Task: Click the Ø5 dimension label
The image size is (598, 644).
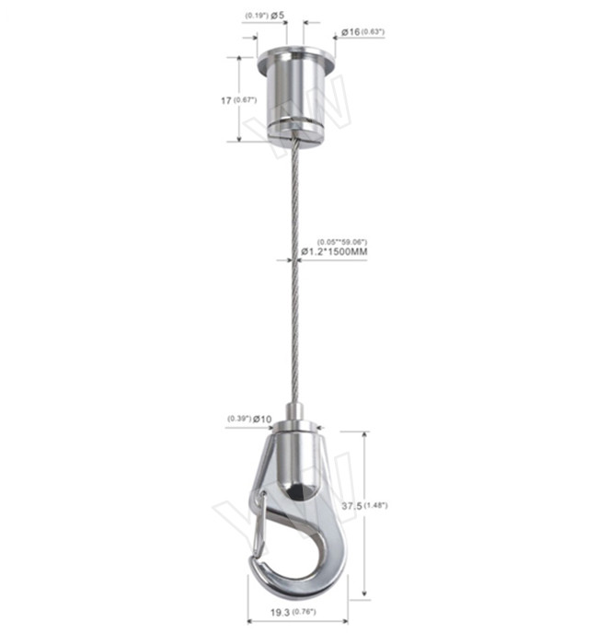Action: [278, 16]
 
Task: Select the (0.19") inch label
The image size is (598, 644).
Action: [255, 16]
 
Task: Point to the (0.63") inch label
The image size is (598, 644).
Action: [373, 32]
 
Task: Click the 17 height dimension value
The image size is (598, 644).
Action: [225, 100]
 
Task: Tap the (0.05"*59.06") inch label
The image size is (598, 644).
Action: [343, 241]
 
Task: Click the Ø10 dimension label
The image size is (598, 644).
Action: [262, 420]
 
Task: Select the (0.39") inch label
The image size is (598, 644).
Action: [239, 420]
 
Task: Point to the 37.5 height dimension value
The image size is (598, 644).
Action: [376, 505]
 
